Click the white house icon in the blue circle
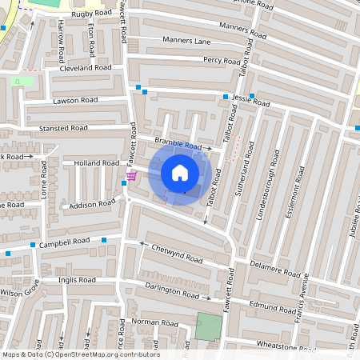[x=179, y=172]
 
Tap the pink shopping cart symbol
[x=131, y=176]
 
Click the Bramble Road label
[x=178, y=142]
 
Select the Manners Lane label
[x=186, y=40]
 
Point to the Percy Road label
[x=222, y=60]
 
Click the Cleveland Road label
[x=79, y=69]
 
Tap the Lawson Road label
[x=75, y=100]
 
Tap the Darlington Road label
[x=171, y=290]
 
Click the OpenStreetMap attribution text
[x=81, y=354]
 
